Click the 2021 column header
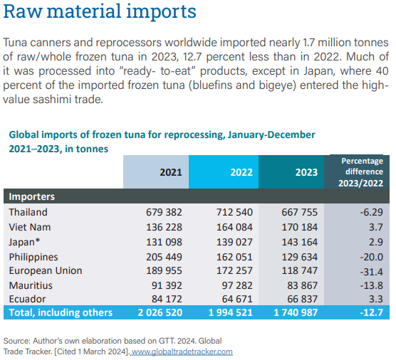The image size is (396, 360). (x=171, y=172)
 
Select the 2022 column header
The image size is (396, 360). (x=241, y=172)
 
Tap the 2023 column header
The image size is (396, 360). (x=306, y=172)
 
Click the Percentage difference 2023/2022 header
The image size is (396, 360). (x=361, y=172)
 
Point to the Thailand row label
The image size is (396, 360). (x=28, y=212)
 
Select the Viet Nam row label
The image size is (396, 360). (x=30, y=227)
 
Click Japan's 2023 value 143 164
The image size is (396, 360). (x=300, y=242)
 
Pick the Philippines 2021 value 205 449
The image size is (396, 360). (x=164, y=257)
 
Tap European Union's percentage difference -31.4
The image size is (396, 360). (x=371, y=272)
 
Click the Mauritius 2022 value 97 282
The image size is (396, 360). (x=237, y=285)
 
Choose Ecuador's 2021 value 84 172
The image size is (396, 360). (x=167, y=300)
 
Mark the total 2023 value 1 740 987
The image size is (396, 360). (x=296, y=312)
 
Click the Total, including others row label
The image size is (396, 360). (x=61, y=312)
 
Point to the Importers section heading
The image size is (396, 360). (x=32, y=196)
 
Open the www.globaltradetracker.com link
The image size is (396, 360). (x=182, y=351)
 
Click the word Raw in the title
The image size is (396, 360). (x=23, y=11)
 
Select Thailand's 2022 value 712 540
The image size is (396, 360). (x=234, y=212)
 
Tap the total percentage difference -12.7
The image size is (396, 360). (x=371, y=312)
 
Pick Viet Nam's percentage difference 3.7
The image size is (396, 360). (x=376, y=227)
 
